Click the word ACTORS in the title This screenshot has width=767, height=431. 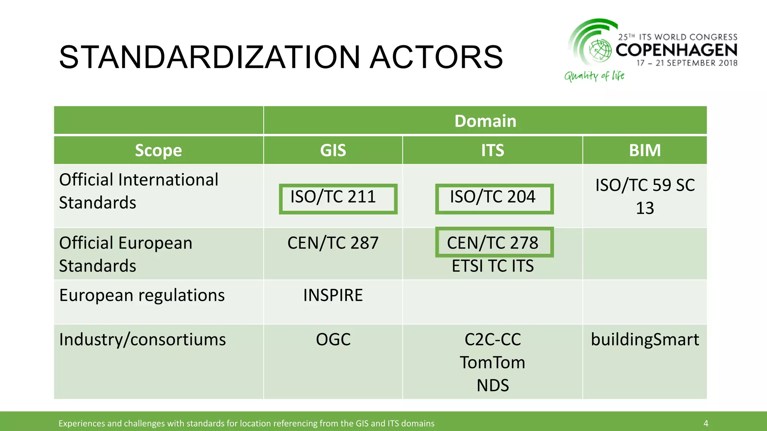436,57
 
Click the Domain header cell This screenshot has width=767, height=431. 485,121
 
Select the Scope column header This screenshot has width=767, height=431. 158,150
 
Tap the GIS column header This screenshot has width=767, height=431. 333,150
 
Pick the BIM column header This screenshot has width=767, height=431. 645,150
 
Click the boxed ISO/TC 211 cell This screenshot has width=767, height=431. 338,199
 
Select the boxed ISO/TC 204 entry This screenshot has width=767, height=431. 494,199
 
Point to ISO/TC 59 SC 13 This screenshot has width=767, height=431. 645,196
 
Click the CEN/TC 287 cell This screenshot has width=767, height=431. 333,243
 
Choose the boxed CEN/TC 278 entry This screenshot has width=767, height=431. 494,242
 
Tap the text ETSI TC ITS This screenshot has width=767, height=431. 492,266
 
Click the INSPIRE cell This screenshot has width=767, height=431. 333,295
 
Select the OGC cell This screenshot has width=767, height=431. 333,340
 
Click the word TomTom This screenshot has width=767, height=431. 492,363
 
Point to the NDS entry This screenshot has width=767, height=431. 492,385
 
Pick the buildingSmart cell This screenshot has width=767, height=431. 645,340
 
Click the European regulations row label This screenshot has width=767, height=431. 142,295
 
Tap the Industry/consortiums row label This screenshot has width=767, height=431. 142,340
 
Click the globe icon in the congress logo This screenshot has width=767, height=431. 600,50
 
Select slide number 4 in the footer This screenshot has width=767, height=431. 706,423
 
